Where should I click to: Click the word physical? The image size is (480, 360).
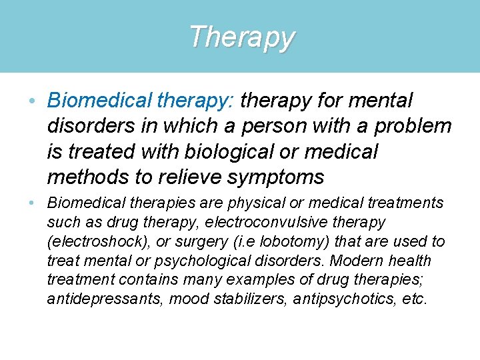pyautogui.click(x=252, y=203)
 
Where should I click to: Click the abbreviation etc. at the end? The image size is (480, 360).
pyautogui.click(x=413, y=299)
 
